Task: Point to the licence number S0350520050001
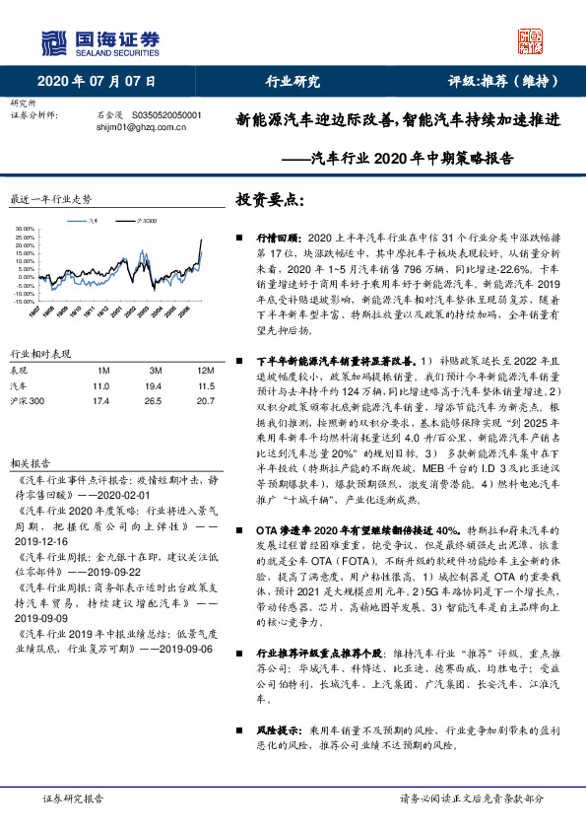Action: [165, 115]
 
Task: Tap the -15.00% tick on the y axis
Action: [23, 303]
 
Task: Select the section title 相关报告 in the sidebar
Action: [25, 460]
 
